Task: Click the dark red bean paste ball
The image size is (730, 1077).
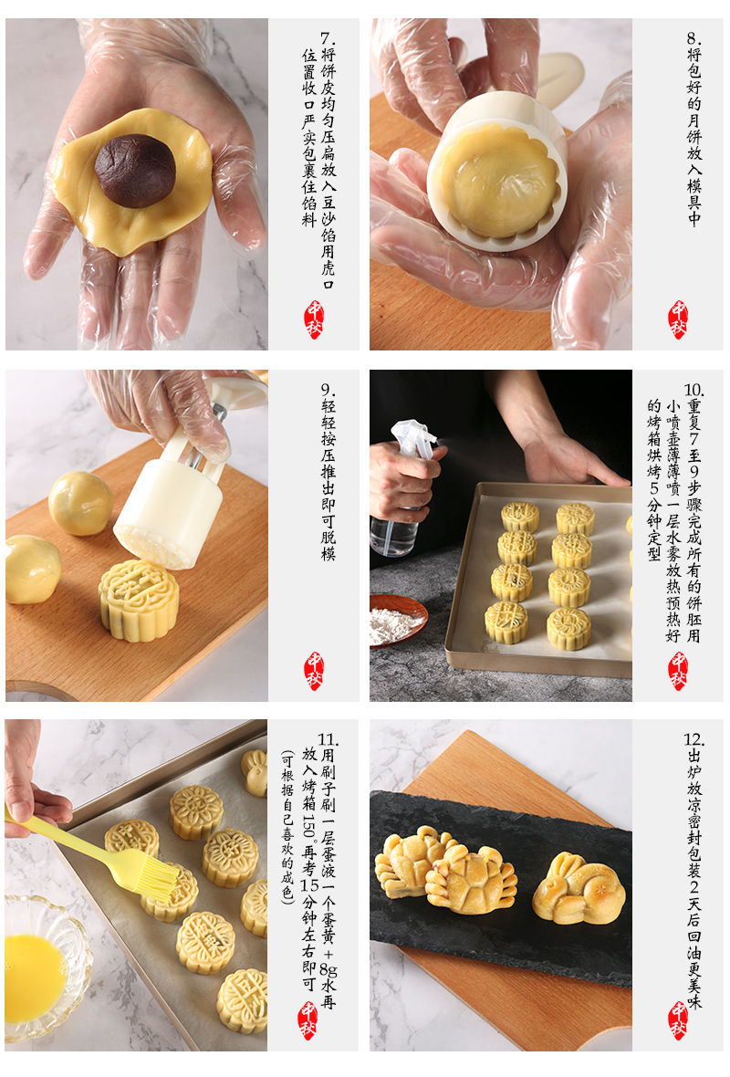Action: (x=135, y=171)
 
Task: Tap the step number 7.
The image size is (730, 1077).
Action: (x=328, y=38)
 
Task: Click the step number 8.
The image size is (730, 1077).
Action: (x=693, y=38)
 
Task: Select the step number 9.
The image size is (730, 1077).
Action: (x=328, y=390)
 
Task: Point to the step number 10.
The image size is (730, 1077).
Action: (x=693, y=390)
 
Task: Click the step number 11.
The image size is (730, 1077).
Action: (x=328, y=739)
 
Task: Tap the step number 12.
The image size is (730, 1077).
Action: (x=693, y=739)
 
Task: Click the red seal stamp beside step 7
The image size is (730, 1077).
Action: (x=314, y=319)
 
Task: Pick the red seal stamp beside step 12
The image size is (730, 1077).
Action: (x=678, y=1020)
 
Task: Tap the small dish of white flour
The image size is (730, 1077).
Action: (x=397, y=621)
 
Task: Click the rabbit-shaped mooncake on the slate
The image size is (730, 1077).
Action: (x=579, y=889)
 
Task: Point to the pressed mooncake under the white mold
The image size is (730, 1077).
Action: (x=139, y=601)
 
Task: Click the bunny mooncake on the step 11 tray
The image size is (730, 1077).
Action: (x=255, y=773)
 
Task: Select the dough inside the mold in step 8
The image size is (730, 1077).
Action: (x=498, y=181)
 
